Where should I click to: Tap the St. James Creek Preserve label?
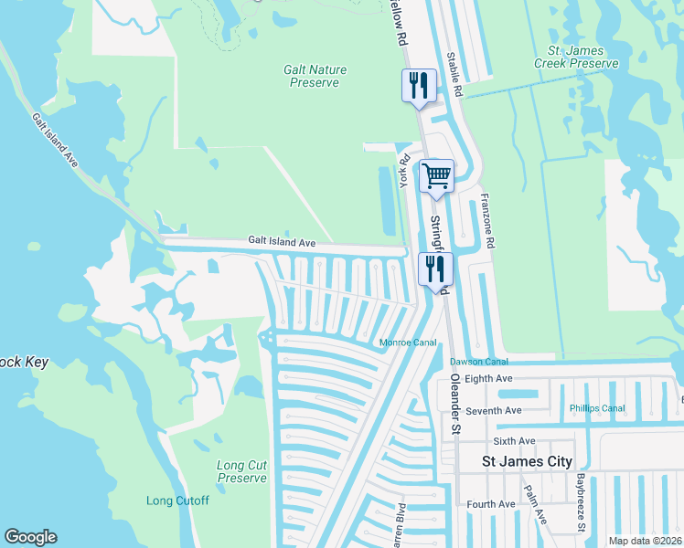(x=577, y=57)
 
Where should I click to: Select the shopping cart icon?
(x=436, y=175)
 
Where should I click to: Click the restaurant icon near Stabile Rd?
(x=419, y=86)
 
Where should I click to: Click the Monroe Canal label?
(x=409, y=343)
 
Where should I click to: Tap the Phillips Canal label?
(x=597, y=408)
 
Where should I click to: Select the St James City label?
(x=527, y=462)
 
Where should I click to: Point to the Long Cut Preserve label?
(x=242, y=471)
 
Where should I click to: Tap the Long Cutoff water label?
(x=178, y=501)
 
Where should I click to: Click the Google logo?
(x=30, y=537)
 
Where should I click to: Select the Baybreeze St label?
(x=581, y=502)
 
